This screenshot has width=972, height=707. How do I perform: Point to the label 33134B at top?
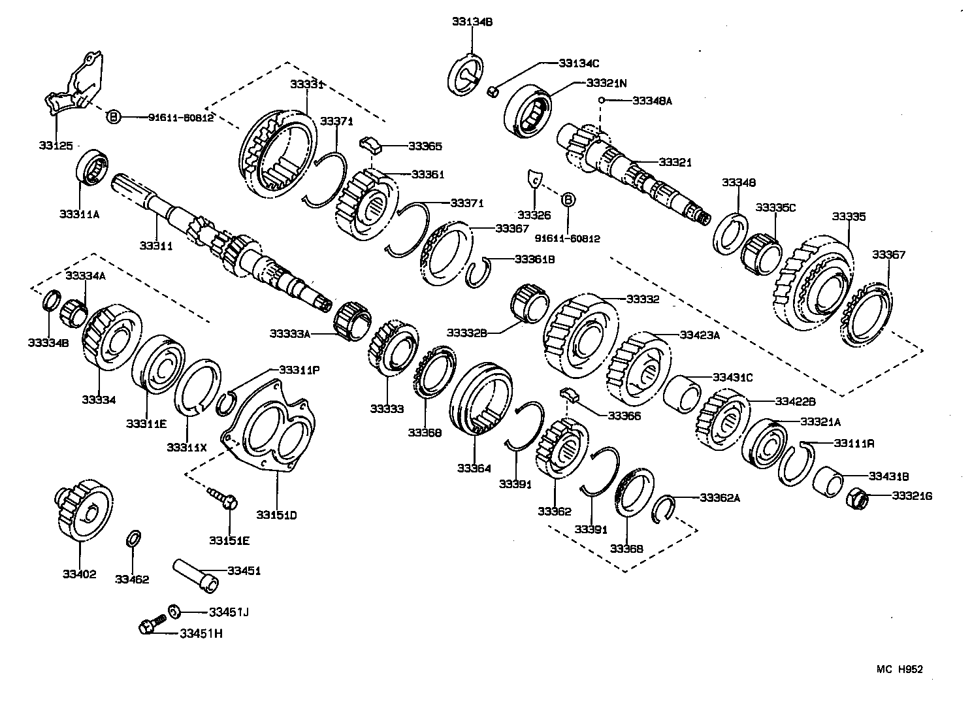[x=472, y=22]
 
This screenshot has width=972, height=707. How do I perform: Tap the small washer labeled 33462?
[x=132, y=540]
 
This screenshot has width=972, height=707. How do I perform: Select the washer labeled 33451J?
[x=174, y=612]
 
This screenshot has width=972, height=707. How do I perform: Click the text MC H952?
[x=899, y=668]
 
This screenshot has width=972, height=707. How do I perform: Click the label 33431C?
[x=732, y=377]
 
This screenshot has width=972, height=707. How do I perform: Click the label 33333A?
[x=289, y=334]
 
